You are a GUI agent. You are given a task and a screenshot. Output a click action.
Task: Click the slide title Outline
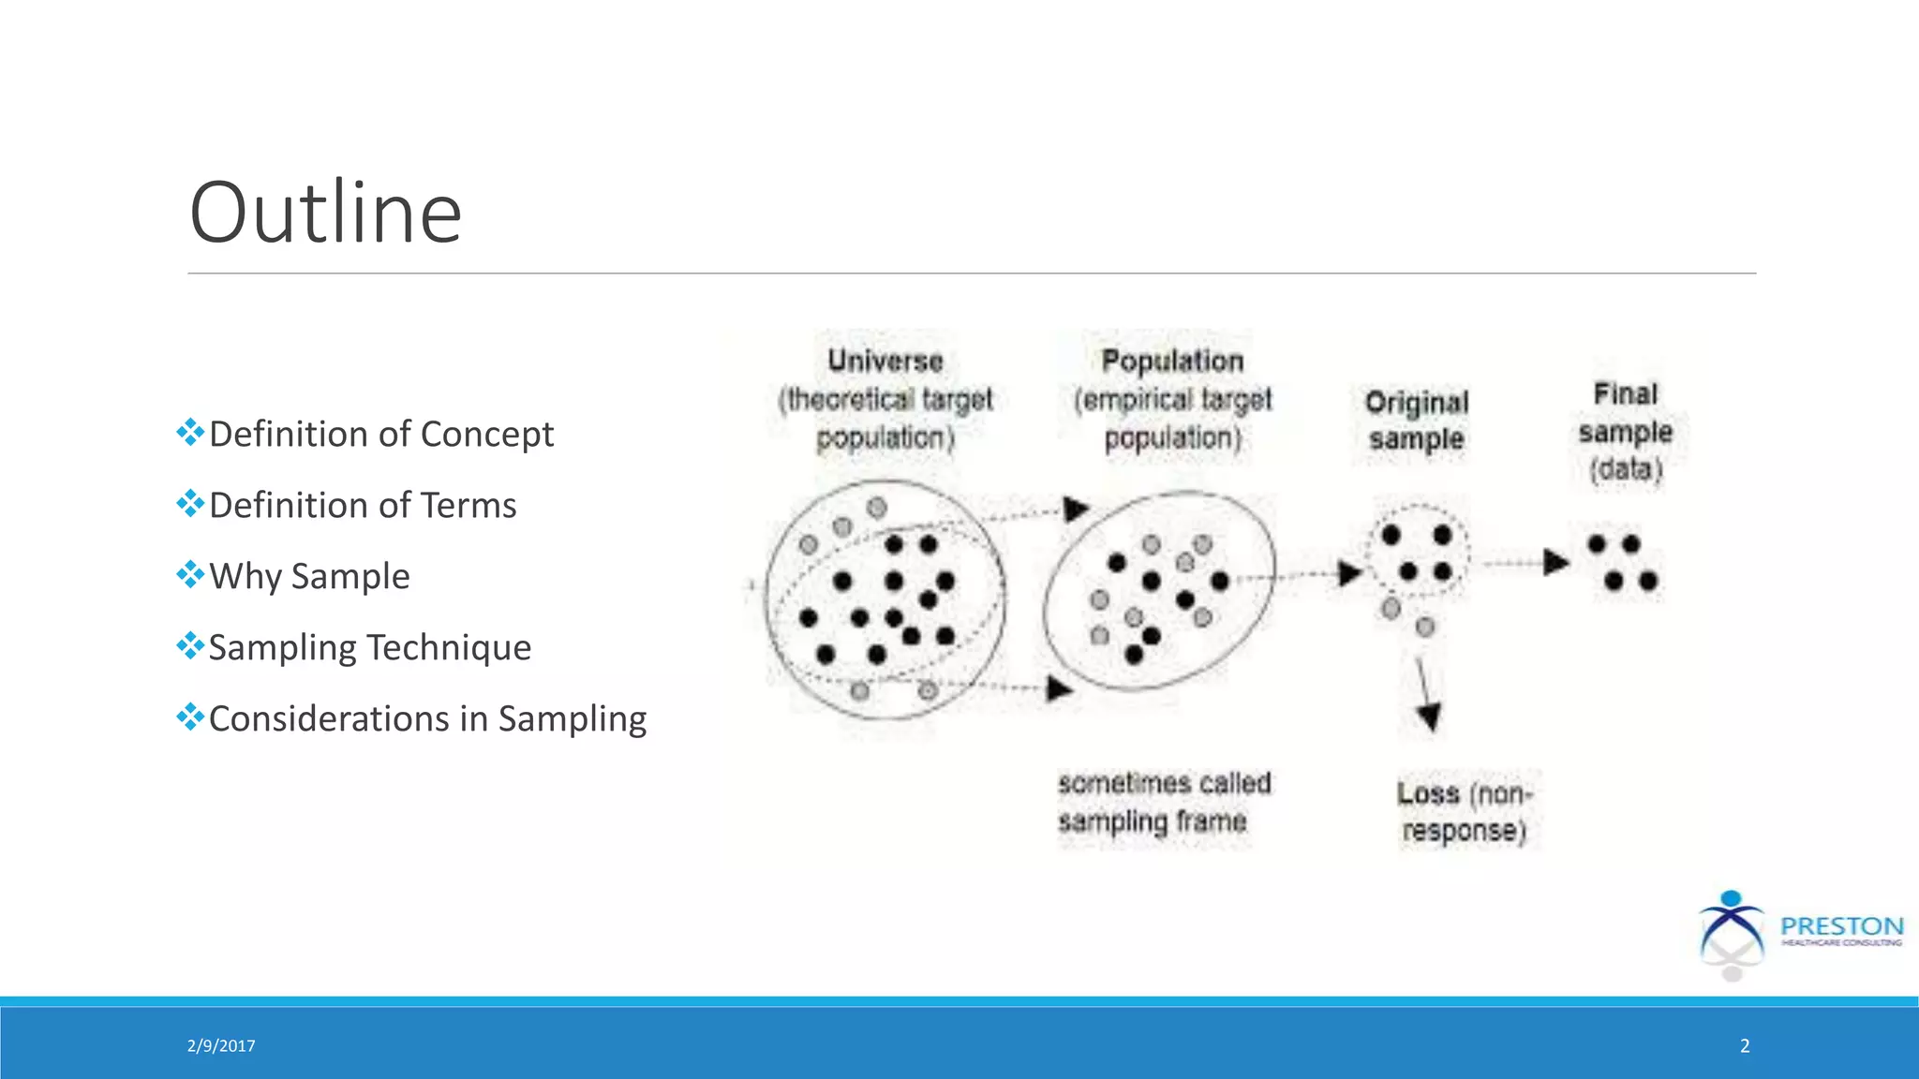(x=325, y=214)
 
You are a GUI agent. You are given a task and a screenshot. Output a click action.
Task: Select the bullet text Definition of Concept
(x=380, y=435)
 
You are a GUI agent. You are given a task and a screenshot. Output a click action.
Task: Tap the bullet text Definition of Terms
(x=362, y=506)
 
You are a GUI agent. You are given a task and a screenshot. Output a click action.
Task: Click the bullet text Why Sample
(x=309, y=576)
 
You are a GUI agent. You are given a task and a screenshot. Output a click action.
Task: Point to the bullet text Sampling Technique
(x=369, y=647)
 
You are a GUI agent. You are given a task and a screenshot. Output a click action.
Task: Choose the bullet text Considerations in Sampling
(x=427, y=718)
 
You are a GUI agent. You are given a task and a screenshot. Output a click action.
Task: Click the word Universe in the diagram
(x=885, y=361)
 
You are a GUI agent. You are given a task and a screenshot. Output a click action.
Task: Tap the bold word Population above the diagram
(x=1172, y=361)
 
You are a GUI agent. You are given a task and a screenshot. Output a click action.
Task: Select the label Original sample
(x=1416, y=421)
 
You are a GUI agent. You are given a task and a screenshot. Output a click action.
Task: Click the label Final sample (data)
(x=1626, y=432)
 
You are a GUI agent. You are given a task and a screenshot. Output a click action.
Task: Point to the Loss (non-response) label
(x=1464, y=812)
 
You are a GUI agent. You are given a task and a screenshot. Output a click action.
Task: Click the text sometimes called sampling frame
(x=1163, y=803)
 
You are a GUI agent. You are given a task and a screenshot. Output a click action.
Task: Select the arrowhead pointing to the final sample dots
(x=1555, y=562)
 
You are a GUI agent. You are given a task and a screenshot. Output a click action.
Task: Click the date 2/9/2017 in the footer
(x=221, y=1046)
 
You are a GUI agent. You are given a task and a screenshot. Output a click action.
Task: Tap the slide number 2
(x=1745, y=1046)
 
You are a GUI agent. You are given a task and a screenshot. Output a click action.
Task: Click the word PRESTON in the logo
(x=1841, y=926)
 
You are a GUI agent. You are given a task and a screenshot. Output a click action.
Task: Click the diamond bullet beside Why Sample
(x=190, y=574)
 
